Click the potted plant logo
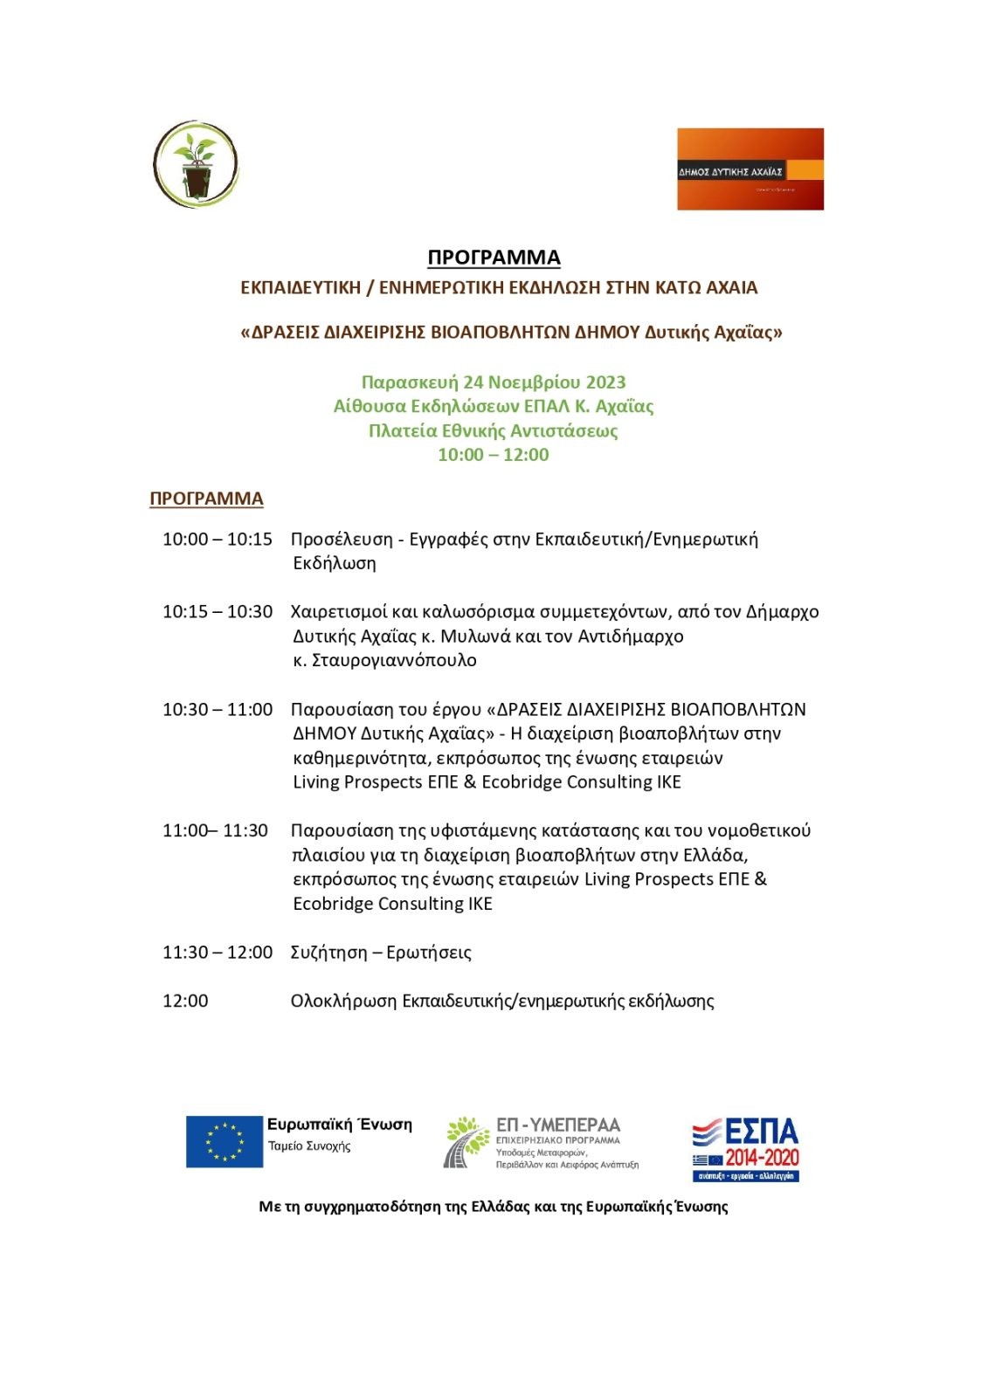[196, 165]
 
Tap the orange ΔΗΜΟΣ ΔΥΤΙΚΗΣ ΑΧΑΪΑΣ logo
[750, 169]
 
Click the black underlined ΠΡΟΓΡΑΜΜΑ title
[494, 258]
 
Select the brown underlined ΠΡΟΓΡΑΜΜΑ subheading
[206, 499]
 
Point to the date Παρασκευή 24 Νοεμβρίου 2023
[494, 382]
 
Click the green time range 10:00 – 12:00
[494, 455]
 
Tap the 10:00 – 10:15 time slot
[218, 540]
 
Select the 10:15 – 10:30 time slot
[218, 612]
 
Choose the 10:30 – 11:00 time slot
[218, 710]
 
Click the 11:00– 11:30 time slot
[215, 830]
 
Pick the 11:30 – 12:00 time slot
[218, 953]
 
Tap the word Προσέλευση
[342, 540]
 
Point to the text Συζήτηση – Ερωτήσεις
[381, 953]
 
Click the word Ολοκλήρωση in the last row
[343, 1001]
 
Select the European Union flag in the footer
[225, 1141]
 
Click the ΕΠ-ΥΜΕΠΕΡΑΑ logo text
[557, 1125]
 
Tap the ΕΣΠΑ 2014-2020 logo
[746, 1148]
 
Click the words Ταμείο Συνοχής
[309, 1146]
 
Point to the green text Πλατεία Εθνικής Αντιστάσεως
[494, 431]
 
